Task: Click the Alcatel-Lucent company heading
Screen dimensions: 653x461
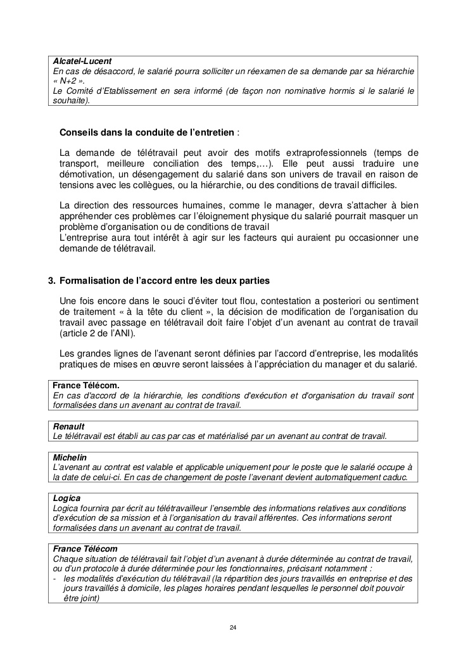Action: click(82, 61)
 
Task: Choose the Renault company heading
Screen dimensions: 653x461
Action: click(68, 426)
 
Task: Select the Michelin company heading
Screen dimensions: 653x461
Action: click(70, 457)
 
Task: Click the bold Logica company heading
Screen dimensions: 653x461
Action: click(66, 498)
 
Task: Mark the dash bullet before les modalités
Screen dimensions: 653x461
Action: click(55, 578)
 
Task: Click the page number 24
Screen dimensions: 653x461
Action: click(233, 627)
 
